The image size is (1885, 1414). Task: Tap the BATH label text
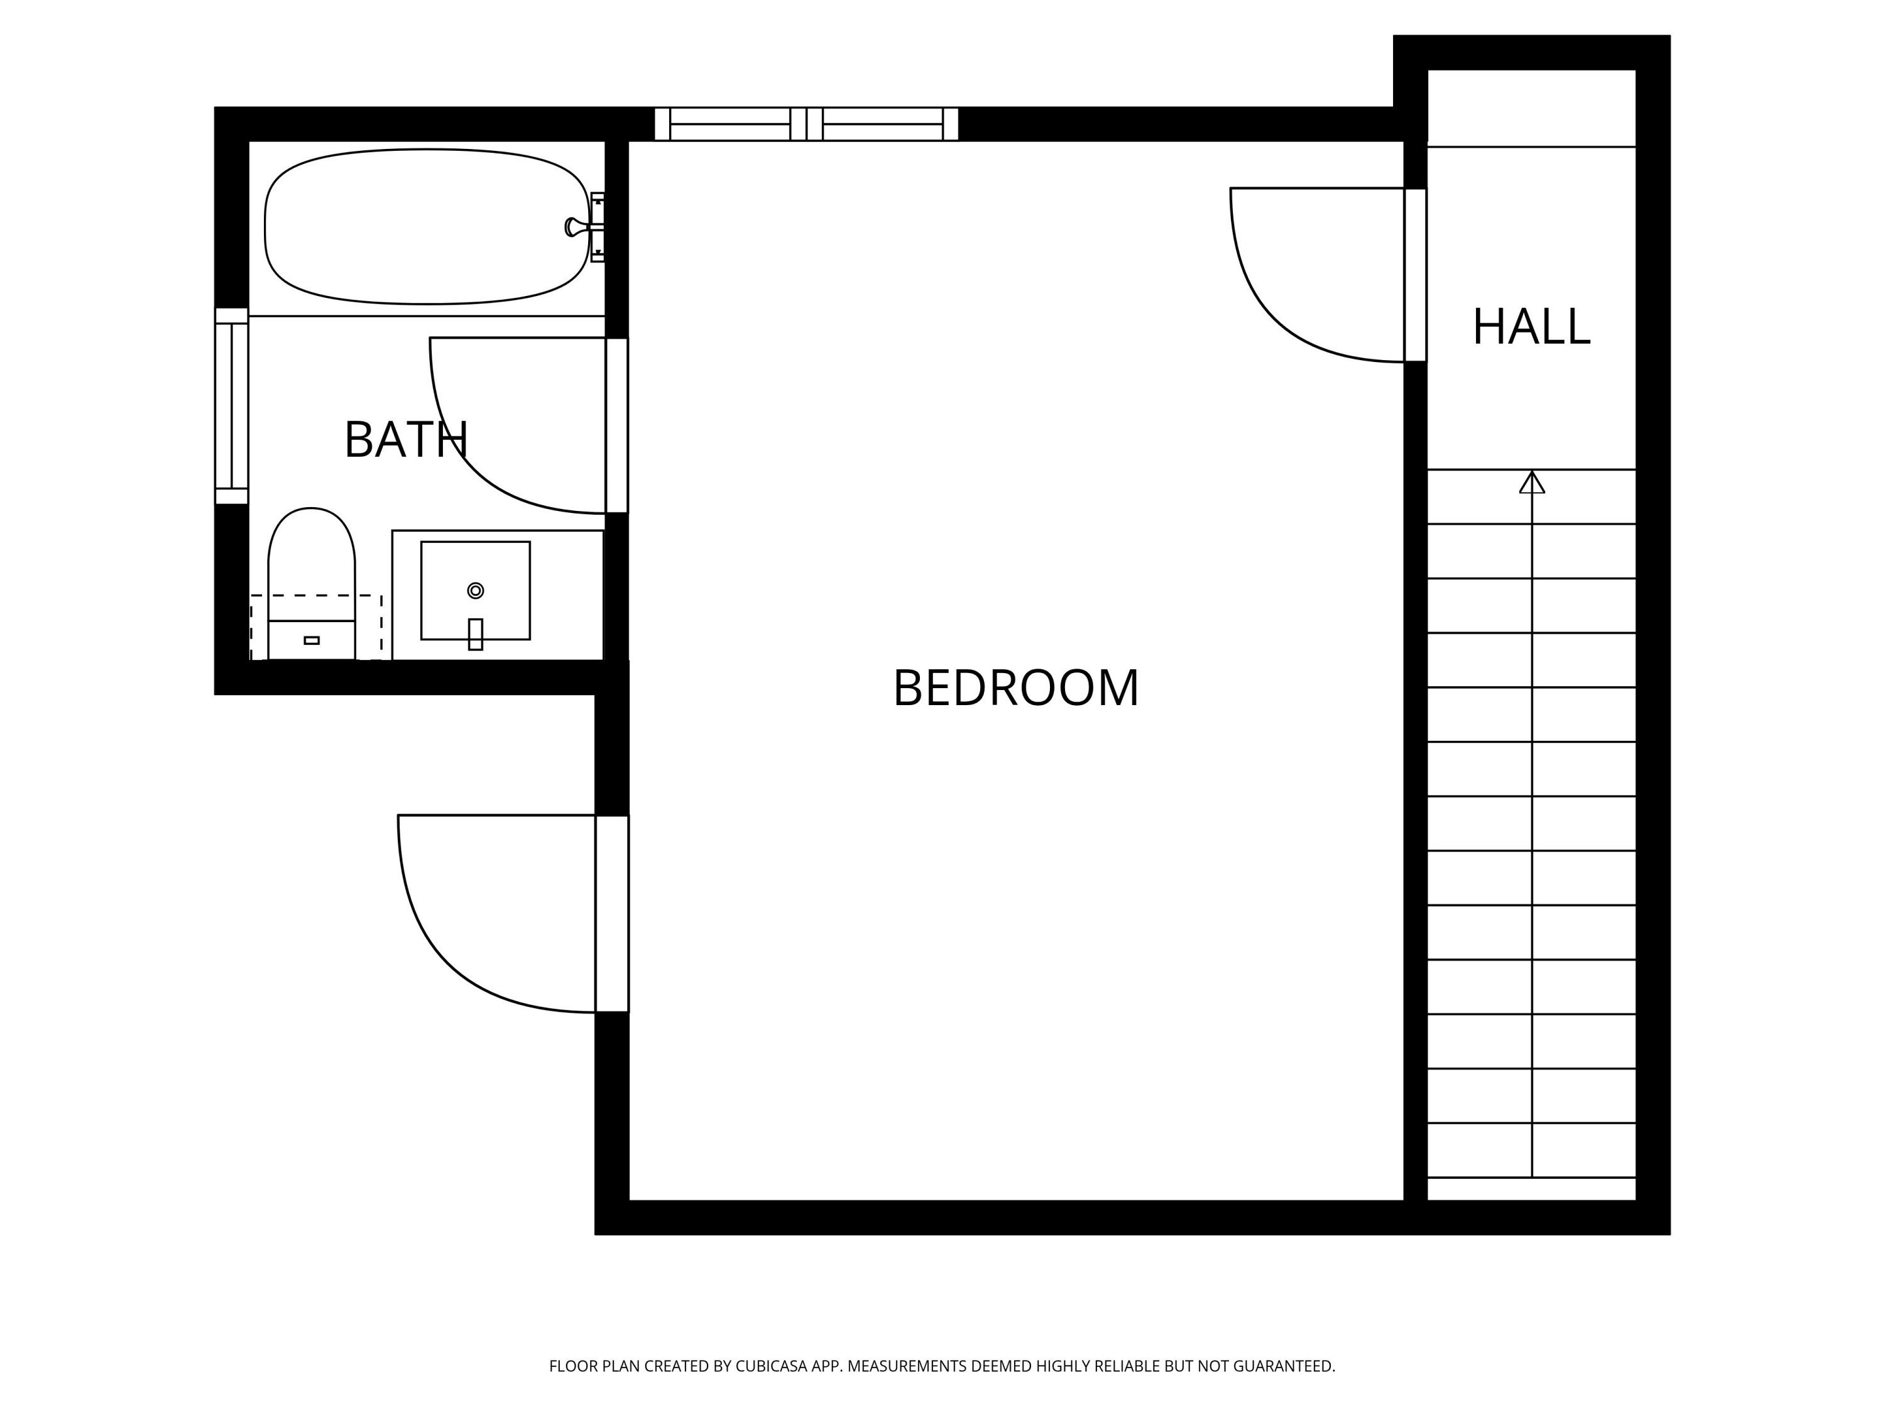click(406, 440)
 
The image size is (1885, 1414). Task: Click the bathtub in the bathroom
click(426, 227)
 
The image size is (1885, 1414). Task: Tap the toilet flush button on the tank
click(312, 640)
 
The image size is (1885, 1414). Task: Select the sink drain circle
click(476, 591)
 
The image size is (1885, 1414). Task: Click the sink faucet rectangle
click(476, 634)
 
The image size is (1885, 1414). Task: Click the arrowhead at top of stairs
click(1531, 483)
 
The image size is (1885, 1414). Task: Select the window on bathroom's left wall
click(231, 406)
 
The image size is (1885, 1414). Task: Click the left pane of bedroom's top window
click(729, 124)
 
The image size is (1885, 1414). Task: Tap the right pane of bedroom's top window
click(882, 124)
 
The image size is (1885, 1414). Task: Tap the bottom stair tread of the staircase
click(1531, 1188)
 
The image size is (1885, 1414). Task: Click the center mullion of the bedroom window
click(806, 124)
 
